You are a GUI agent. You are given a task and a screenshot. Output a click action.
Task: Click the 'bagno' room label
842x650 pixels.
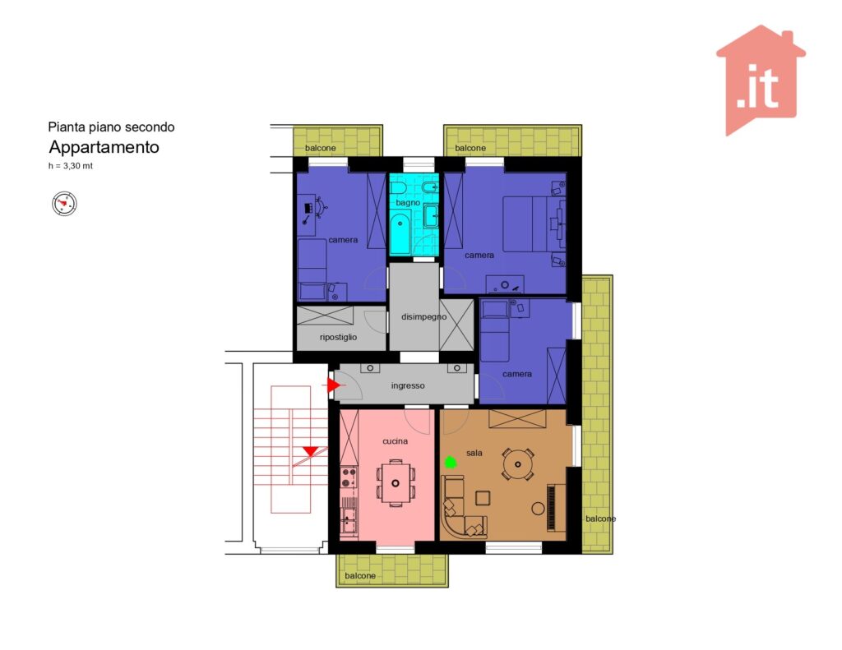coord(408,203)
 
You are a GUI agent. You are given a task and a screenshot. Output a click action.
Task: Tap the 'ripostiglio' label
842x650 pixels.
coord(338,337)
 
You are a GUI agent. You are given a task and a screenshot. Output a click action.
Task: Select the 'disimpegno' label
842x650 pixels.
coord(423,316)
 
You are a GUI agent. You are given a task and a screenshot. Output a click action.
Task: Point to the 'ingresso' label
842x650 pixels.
coord(408,385)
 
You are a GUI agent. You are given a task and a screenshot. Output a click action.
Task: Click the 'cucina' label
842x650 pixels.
coord(395,441)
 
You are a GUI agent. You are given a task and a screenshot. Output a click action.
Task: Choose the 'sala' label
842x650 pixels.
coord(474,453)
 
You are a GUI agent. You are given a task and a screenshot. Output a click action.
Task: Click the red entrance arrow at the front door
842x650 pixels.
coord(334,385)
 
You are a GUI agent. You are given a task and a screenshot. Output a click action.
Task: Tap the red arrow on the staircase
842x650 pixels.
coord(310,451)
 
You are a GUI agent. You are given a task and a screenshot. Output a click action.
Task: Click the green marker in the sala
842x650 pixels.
coord(450,462)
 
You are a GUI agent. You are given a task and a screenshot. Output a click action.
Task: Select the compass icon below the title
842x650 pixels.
coord(64,204)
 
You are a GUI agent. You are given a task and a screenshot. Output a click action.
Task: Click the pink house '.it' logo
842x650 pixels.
coord(761,80)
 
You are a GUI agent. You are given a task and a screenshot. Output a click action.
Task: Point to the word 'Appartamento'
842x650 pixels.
coord(104,147)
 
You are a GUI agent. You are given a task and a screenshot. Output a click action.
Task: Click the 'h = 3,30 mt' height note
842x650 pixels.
coord(71,166)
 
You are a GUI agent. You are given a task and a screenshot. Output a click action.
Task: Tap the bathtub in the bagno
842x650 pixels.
coord(400,233)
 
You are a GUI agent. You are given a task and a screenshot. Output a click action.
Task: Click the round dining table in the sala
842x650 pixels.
coord(518,464)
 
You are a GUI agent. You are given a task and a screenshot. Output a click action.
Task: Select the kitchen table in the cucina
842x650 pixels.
coord(396,483)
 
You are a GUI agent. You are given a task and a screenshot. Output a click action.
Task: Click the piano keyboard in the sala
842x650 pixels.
coord(552,508)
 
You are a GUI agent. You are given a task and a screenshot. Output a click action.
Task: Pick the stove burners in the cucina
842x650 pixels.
coord(349,477)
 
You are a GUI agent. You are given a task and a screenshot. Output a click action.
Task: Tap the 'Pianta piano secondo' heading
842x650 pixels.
coord(111,127)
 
